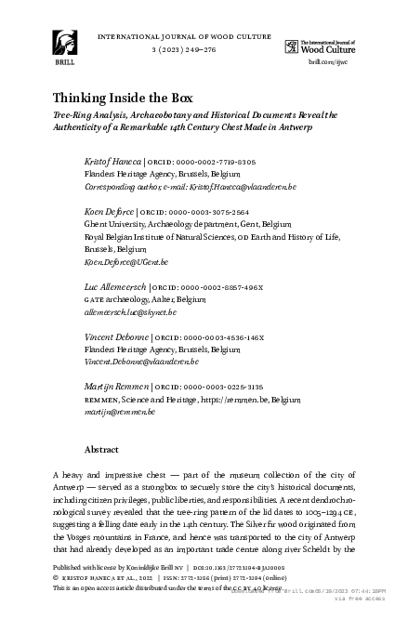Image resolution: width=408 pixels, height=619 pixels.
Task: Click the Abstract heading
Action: point(101,449)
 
